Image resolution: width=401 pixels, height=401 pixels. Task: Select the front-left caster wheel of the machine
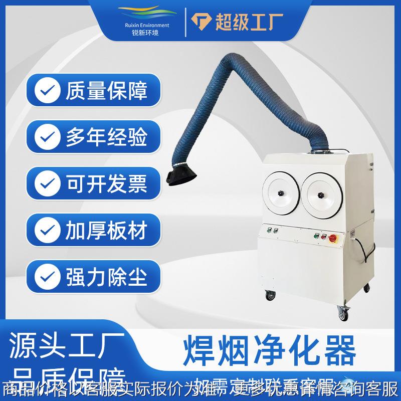(271, 296)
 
